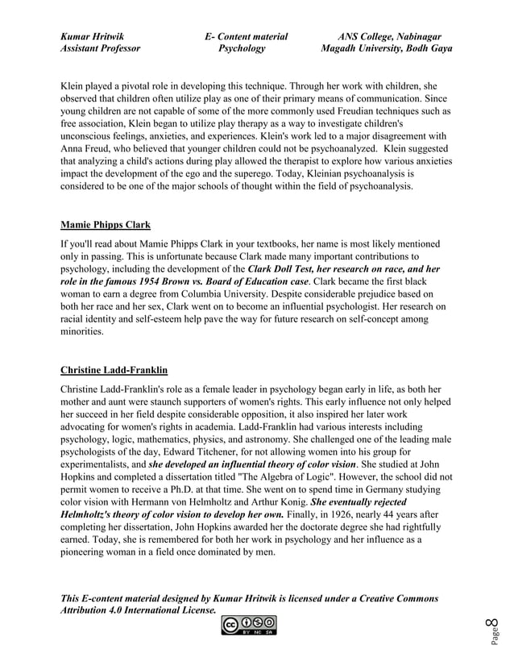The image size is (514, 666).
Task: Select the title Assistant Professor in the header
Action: pos(100,48)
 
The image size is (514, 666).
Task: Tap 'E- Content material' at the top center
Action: pos(246,36)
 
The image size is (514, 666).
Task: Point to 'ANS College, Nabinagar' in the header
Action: pos(389,36)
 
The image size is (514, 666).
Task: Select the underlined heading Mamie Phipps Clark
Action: pos(106,224)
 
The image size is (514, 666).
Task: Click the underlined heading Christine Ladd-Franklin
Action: pos(114,370)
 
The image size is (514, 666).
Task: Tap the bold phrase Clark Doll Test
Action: pos(279,268)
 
